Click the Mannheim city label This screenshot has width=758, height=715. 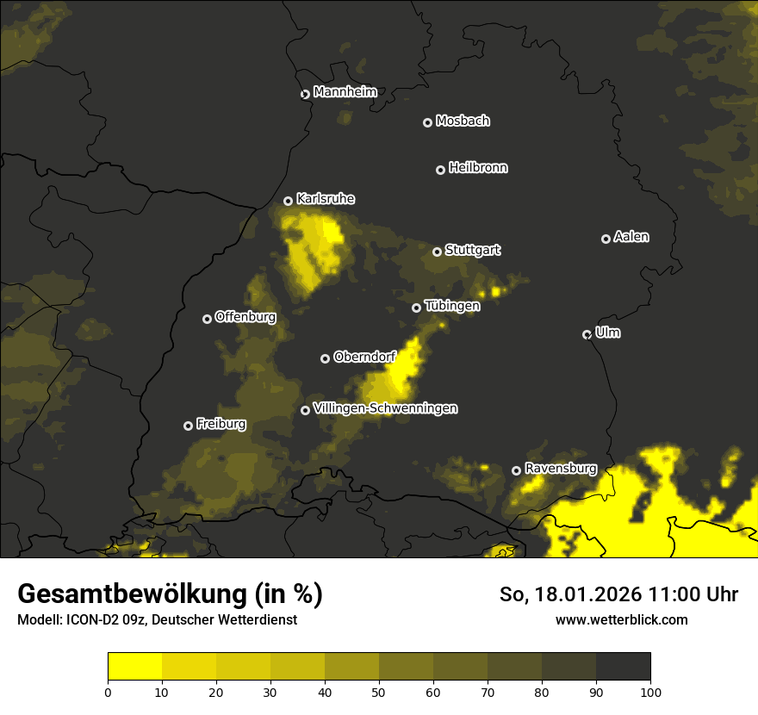coord(345,92)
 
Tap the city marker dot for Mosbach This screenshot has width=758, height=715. coord(427,122)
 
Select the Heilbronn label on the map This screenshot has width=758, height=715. coord(478,168)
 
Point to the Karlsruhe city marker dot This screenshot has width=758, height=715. coord(288,201)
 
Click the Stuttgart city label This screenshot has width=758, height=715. coord(472,250)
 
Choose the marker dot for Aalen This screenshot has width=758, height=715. coord(606,239)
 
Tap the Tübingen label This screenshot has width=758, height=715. coord(452,306)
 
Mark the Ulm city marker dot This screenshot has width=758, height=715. coord(587,334)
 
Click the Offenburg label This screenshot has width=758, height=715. coord(245,317)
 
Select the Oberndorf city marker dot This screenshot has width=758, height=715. coord(325,358)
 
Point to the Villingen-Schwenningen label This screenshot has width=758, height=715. coord(385,408)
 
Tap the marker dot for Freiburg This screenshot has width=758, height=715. coord(188,426)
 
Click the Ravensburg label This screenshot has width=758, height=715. coord(561,469)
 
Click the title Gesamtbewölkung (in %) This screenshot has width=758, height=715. coord(170,594)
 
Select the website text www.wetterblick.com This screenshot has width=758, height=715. coord(621,619)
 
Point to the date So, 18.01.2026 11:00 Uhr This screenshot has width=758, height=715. coord(618,594)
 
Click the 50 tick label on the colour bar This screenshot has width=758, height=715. coord(379,691)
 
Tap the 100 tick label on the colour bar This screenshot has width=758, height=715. coord(650,691)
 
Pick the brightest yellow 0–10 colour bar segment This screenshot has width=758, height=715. coord(134,667)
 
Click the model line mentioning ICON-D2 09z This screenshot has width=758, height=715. coord(157,620)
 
